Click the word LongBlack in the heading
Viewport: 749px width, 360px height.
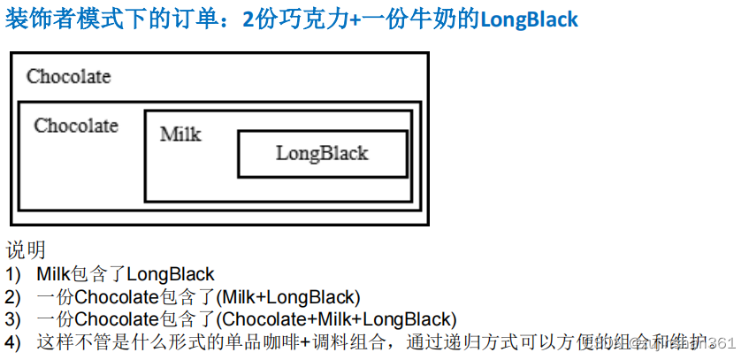[529, 19]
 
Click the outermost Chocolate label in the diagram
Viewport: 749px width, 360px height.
[68, 76]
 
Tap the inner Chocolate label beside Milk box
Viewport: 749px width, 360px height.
[76, 126]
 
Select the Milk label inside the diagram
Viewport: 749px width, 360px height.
[180, 134]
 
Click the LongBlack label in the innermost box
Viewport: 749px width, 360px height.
[322, 153]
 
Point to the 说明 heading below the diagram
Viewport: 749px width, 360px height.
[26, 250]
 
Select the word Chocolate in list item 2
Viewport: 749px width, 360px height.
[116, 297]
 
